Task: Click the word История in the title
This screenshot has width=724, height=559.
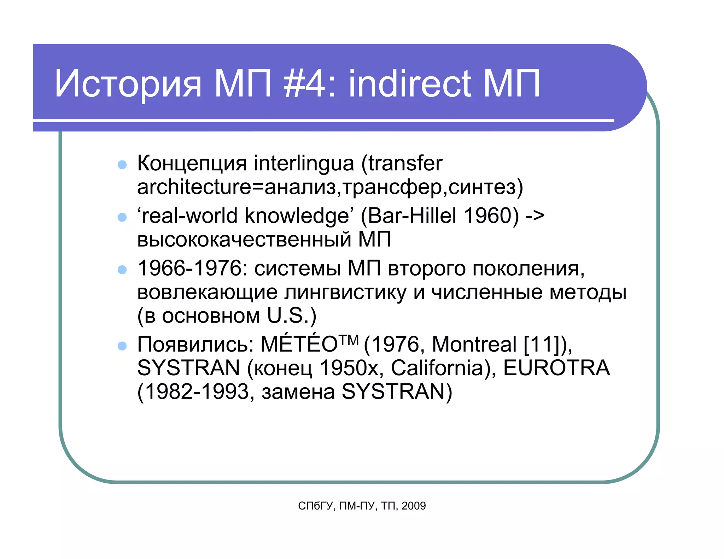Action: coord(128,84)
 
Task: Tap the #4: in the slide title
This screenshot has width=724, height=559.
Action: coord(310,84)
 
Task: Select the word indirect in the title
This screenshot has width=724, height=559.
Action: coord(410,84)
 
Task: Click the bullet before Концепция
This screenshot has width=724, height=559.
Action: coord(122,165)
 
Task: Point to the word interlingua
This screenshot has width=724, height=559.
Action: coord(304,164)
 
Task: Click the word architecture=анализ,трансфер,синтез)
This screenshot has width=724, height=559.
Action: coord(330,187)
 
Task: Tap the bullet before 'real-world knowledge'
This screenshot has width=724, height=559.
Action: coord(122,217)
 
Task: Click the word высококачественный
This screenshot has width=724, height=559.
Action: coord(244,240)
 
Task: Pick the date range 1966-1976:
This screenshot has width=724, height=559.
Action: coord(193,269)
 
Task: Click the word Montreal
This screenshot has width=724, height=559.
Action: coord(474,345)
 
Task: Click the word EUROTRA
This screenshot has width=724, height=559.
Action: coord(556,368)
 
